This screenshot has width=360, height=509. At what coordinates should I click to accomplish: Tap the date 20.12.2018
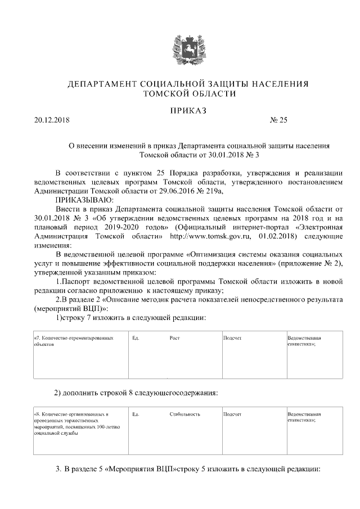[51, 119]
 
